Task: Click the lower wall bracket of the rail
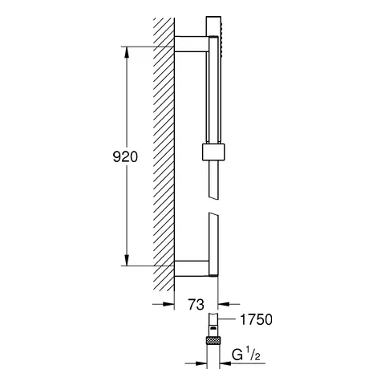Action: [191, 266]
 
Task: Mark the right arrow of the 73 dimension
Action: [224, 304]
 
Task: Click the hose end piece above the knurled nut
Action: [213, 324]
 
